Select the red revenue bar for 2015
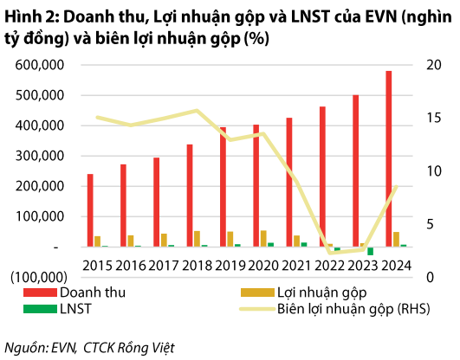[x=90, y=211]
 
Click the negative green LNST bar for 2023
[x=371, y=252]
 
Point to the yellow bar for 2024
[x=396, y=240]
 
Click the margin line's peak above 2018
[x=197, y=110]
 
